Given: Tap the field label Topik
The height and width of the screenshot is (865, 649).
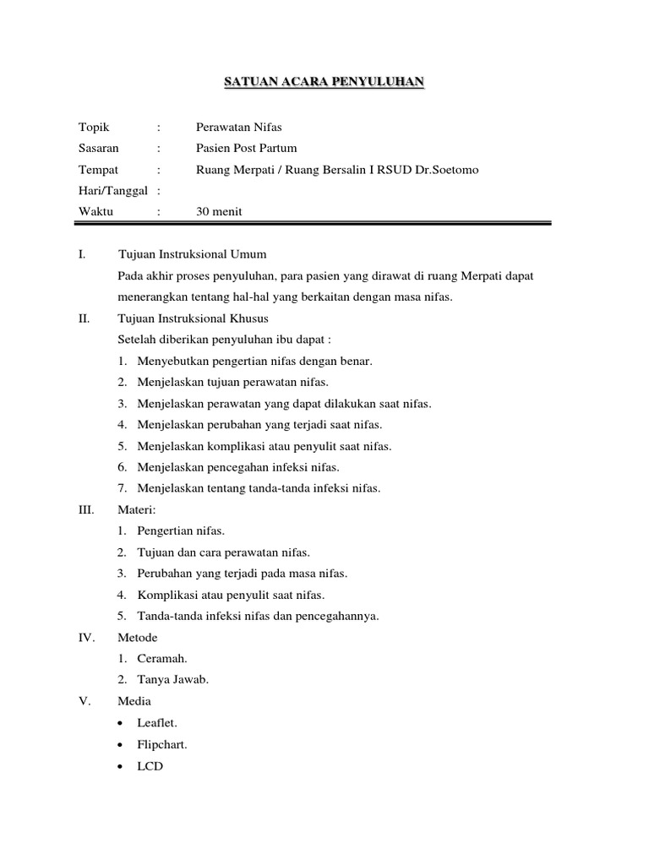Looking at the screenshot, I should pyautogui.click(x=94, y=127).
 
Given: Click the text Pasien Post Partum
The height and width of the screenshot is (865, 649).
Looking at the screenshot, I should pyautogui.click(x=246, y=148).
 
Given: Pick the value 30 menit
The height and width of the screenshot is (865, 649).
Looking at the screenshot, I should pyautogui.click(x=219, y=212).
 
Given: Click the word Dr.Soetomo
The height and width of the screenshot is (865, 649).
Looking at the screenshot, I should pyautogui.click(x=444, y=170).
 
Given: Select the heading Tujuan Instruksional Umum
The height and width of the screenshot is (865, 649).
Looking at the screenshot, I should pyautogui.click(x=193, y=254).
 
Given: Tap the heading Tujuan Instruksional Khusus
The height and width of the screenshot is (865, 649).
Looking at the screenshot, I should pyautogui.click(x=194, y=318).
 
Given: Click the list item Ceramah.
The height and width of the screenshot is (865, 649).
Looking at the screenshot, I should pyautogui.click(x=163, y=658).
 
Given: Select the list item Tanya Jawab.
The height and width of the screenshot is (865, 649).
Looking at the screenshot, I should pyautogui.click(x=172, y=679).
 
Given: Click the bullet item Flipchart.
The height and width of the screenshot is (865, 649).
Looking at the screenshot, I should pyautogui.click(x=162, y=745).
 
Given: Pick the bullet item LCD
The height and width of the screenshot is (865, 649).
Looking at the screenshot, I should pyautogui.click(x=150, y=766).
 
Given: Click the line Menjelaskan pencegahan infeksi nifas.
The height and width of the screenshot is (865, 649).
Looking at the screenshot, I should pyautogui.click(x=238, y=467).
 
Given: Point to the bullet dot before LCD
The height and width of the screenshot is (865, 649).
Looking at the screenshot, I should pyautogui.click(x=123, y=767).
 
